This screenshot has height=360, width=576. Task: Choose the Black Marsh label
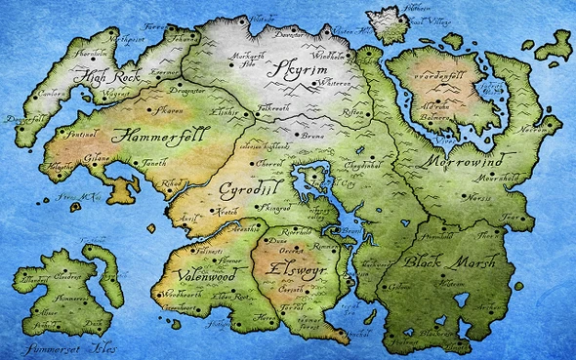pos(450,263)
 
